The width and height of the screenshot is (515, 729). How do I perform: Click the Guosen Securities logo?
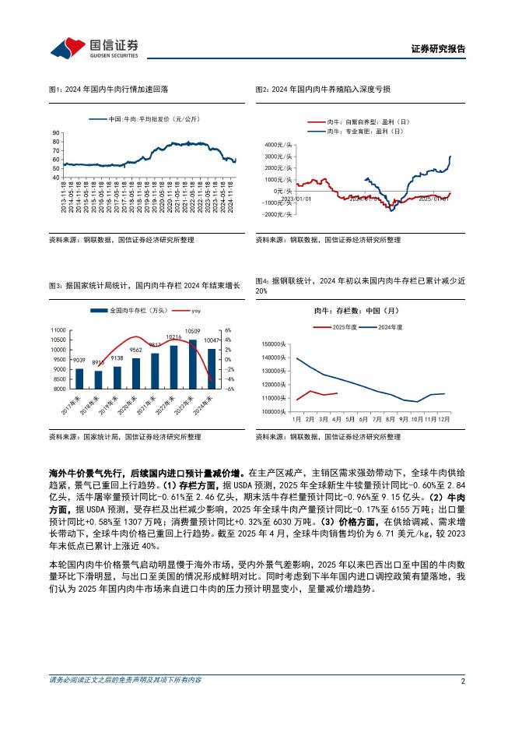point(94,48)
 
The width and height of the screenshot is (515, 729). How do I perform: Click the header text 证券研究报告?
point(438,49)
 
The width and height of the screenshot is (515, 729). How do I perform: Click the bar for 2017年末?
point(79,378)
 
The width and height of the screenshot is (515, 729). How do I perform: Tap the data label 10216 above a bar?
point(173,337)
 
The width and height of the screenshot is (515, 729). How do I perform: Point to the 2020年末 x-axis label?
point(133,407)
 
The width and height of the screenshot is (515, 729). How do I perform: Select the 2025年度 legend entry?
point(342,327)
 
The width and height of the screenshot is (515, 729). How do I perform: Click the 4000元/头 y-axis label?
point(278,146)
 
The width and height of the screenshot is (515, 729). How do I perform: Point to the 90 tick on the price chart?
point(55,132)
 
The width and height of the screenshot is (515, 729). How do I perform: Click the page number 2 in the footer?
point(463,680)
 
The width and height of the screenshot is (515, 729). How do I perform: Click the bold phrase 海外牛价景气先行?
point(83,472)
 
